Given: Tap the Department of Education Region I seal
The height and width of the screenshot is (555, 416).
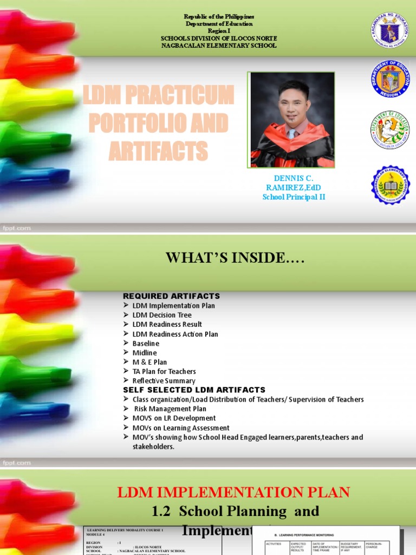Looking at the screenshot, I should pos(390,80).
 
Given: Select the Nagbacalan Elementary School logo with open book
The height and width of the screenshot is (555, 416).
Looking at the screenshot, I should pos(390,185).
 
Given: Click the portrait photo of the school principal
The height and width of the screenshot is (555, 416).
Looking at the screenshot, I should pos(292,120).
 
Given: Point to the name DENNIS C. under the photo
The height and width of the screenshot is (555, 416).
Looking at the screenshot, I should pos(294,178).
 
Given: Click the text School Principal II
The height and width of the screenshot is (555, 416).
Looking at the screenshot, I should pos(294,197).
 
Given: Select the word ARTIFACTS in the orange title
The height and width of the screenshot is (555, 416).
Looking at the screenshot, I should pos(158,151).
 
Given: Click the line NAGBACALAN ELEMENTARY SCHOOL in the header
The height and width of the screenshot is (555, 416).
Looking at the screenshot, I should pos(219,46).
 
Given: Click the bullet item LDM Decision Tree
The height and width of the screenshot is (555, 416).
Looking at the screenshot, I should pos(161,315).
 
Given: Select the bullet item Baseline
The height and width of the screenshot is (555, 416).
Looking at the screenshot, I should pos(146,343).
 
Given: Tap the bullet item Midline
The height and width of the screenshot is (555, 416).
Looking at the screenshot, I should pos(144,353).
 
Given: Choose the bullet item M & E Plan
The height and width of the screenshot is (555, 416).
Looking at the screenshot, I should pos(149,362).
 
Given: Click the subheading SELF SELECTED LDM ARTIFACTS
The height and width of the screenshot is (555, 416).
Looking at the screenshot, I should pos(194,390).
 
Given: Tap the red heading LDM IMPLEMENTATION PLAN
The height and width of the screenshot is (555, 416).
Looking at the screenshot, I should pos(234,492).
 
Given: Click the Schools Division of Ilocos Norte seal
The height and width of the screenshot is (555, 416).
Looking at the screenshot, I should pos(390,130).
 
